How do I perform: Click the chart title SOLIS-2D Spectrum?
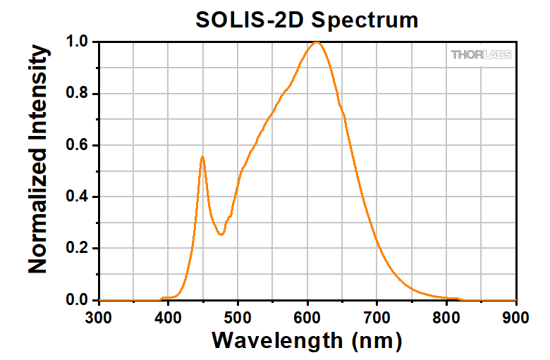(307, 19)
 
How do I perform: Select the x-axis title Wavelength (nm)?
(307, 341)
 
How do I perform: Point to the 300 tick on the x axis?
(99, 317)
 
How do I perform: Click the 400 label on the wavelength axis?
(169, 317)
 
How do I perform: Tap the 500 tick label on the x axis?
(238, 317)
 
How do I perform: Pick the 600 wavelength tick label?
(307, 317)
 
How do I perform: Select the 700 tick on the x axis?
(377, 317)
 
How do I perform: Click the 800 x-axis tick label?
(447, 317)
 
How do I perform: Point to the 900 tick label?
(516, 317)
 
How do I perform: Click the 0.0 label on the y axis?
(77, 301)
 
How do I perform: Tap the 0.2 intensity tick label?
(77, 249)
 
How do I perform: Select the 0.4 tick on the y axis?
(77, 197)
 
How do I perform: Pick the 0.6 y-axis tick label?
(77, 145)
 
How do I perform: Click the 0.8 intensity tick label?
(77, 94)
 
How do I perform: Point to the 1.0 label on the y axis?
(77, 42)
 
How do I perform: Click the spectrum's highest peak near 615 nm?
(317, 42)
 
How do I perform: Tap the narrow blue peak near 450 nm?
(202, 157)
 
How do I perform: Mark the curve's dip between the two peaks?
(221, 235)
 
